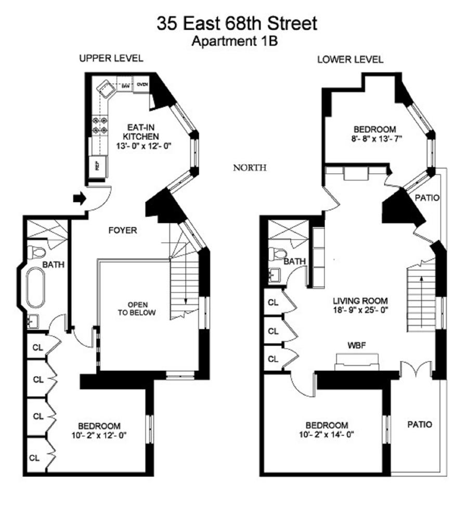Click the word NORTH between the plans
[x=250, y=167]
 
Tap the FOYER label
[x=123, y=230]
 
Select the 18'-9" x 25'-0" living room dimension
[x=360, y=310]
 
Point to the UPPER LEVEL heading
[x=111, y=58]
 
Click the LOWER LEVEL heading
[x=350, y=59]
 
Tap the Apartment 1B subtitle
[x=235, y=42]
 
